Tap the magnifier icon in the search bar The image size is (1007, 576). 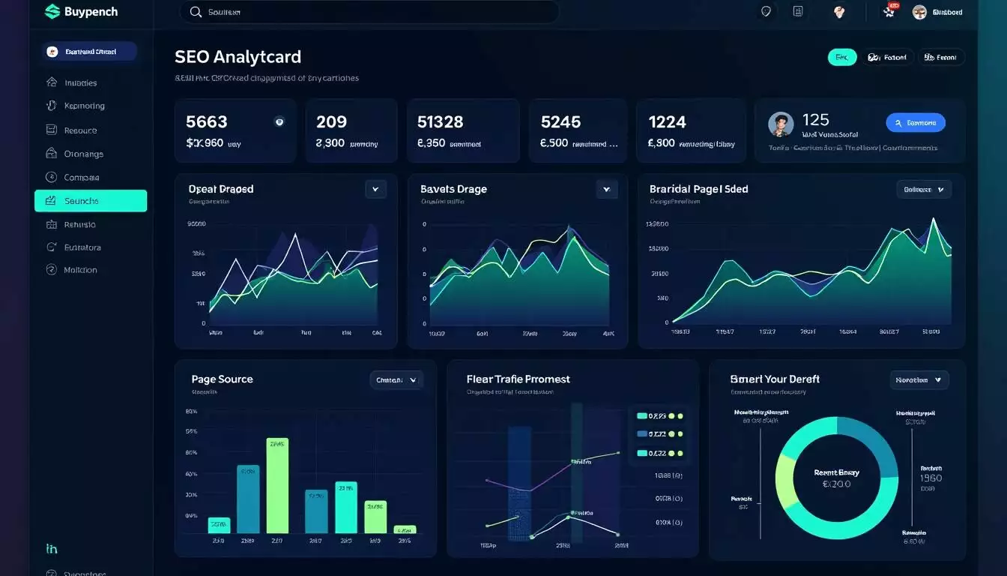click(x=196, y=12)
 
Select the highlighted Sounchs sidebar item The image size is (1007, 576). click(x=91, y=201)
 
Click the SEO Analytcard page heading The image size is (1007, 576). click(x=238, y=57)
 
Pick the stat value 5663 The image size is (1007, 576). click(x=206, y=121)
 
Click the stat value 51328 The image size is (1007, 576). click(x=440, y=121)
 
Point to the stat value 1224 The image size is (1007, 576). click(x=667, y=121)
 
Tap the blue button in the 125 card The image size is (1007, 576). click(x=915, y=123)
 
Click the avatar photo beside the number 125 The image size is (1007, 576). click(x=781, y=124)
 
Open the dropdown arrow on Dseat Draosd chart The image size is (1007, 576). click(x=375, y=189)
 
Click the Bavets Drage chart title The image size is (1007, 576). click(x=453, y=189)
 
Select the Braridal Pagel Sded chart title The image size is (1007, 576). click(x=698, y=189)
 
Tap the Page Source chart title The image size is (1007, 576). click(x=222, y=379)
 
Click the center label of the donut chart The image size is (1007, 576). click(x=836, y=478)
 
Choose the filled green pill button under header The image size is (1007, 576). click(x=841, y=57)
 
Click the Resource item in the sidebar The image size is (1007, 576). click(x=80, y=130)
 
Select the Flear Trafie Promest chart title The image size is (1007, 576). click(x=518, y=379)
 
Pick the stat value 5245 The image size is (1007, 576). click(x=560, y=121)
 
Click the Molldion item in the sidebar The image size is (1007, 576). click(x=80, y=270)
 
